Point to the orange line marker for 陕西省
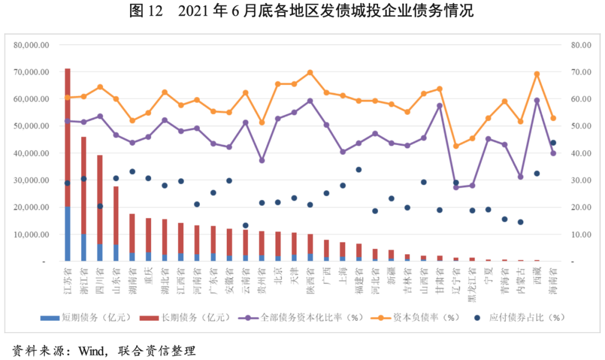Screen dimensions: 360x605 (310, 73)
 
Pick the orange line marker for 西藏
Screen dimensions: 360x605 (537, 74)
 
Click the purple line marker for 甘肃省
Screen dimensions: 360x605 (440, 105)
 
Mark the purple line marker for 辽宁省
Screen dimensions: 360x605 (456, 187)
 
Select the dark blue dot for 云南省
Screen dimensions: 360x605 (245, 225)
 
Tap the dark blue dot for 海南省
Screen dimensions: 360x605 (553, 143)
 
